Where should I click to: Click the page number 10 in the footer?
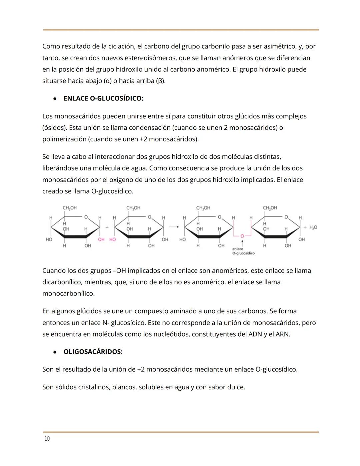tap(47, 439)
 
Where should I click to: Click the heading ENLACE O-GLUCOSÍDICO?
tap(103, 98)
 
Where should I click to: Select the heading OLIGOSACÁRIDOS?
tap(93, 352)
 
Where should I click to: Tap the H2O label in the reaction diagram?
tap(313, 227)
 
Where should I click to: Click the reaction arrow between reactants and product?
tap(174, 227)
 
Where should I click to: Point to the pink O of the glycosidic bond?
tap(242, 236)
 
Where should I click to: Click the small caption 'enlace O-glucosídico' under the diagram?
tap(243, 251)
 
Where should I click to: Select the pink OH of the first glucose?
tap(101, 240)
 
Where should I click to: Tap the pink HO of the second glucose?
tap(112, 240)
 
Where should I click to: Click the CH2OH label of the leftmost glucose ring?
tap(70, 208)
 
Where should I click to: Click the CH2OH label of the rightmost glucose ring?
tap(270, 208)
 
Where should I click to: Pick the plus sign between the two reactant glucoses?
tap(107, 227)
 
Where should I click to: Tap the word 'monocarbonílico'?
tap(68, 294)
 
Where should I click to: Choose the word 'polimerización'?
tap(64, 139)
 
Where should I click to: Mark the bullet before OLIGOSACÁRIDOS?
tap(54, 352)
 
